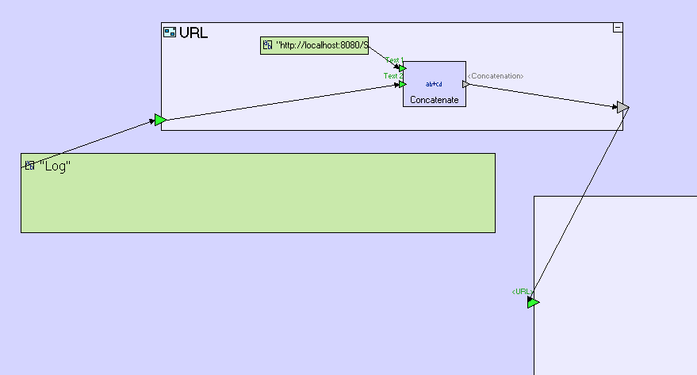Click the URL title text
pyautogui.click(x=193, y=33)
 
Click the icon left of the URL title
pyautogui.click(x=169, y=33)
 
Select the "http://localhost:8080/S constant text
pyautogui.click(x=322, y=46)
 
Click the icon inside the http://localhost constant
pyautogui.click(x=267, y=46)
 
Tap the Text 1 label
pyautogui.click(x=394, y=60)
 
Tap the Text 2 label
pyautogui.click(x=392, y=76)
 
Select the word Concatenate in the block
pyautogui.click(x=434, y=100)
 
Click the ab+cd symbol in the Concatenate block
pyautogui.click(x=434, y=83)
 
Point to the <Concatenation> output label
pyautogui.click(x=496, y=76)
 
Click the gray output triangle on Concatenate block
pyautogui.click(x=466, y=83)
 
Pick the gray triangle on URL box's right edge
pyautogui.click(x=623, y=107)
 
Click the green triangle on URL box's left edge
pyautogui.click(x=160, y=121)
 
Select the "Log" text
pyautogui.click(x=56, y=166)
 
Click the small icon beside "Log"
pyautogui.click(x=29, y=166)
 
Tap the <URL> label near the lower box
pyautogui.click(x=520, y=292)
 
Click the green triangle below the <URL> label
pyautogui.click(x=533, y=303)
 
